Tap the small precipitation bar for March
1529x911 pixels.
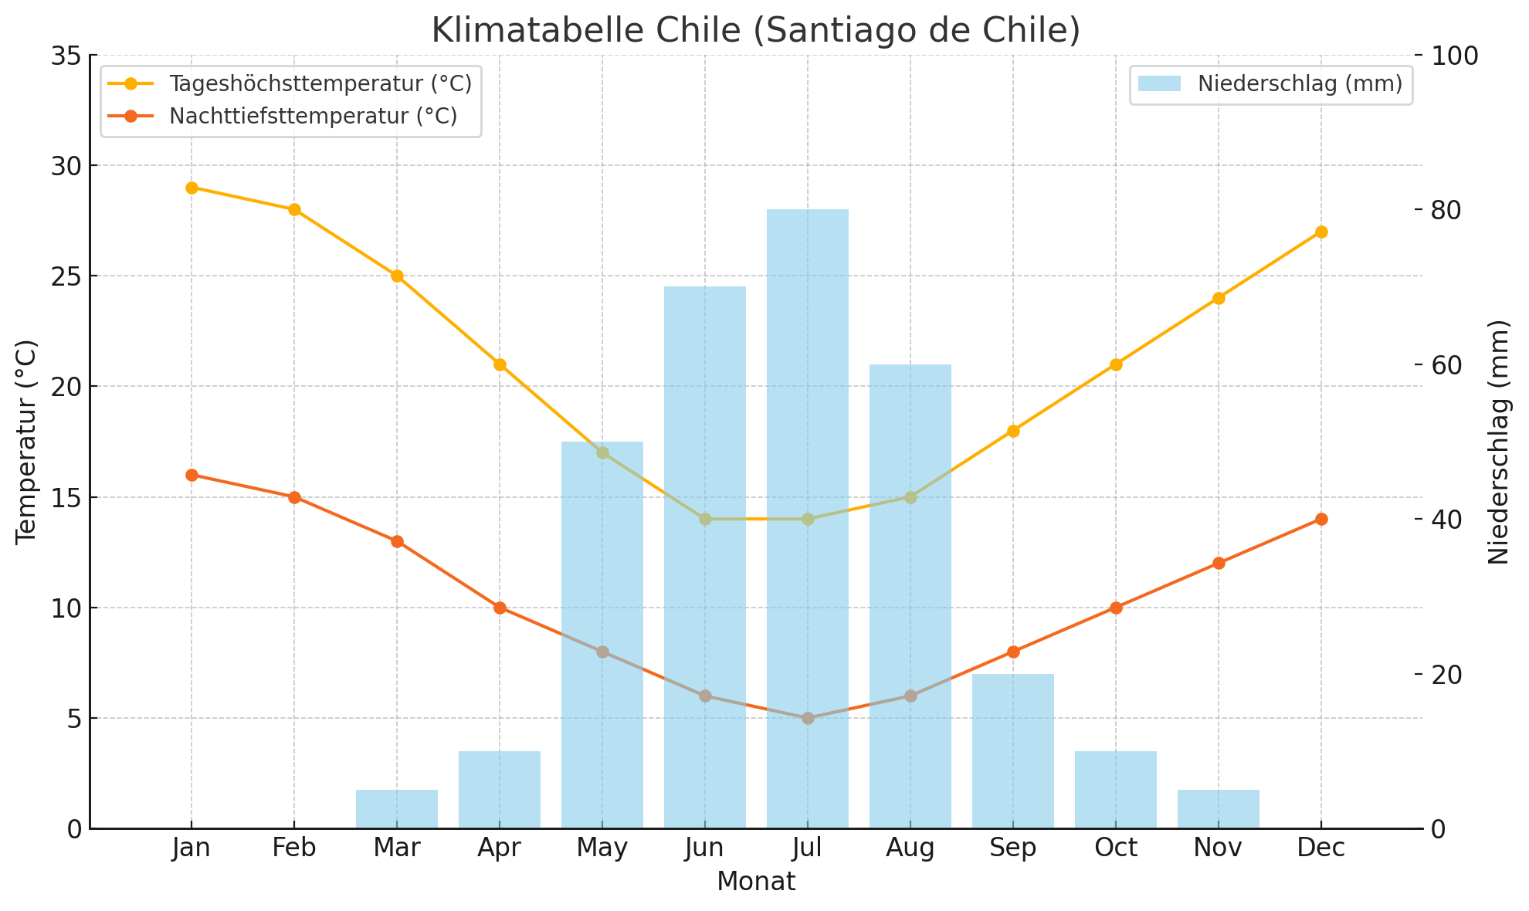[397, 809]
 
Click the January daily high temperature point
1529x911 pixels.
[192, 188]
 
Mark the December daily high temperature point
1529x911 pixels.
[1320, 232]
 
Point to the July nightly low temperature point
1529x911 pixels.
[807, 718]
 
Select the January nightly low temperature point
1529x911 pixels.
[192, 475]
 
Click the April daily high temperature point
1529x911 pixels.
[500, 364]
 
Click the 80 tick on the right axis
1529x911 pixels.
[1451, 210]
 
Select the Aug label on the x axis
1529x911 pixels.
[910, 848]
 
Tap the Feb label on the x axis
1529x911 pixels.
[294, 848]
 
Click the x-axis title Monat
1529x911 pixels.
[756, 882]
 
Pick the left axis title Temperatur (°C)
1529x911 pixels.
[26, 442]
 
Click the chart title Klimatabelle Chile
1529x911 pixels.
[756, 29]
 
